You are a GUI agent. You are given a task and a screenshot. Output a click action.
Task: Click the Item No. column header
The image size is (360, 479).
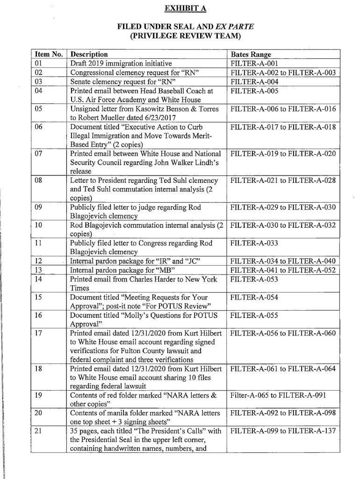pyautogui.click(x=48, y=54)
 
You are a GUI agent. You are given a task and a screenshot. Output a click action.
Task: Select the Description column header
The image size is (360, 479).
pyautogui.click(x=89, y=54)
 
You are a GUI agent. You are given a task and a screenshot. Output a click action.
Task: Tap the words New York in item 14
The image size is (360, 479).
pyautogui.click(x=203, y=279)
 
